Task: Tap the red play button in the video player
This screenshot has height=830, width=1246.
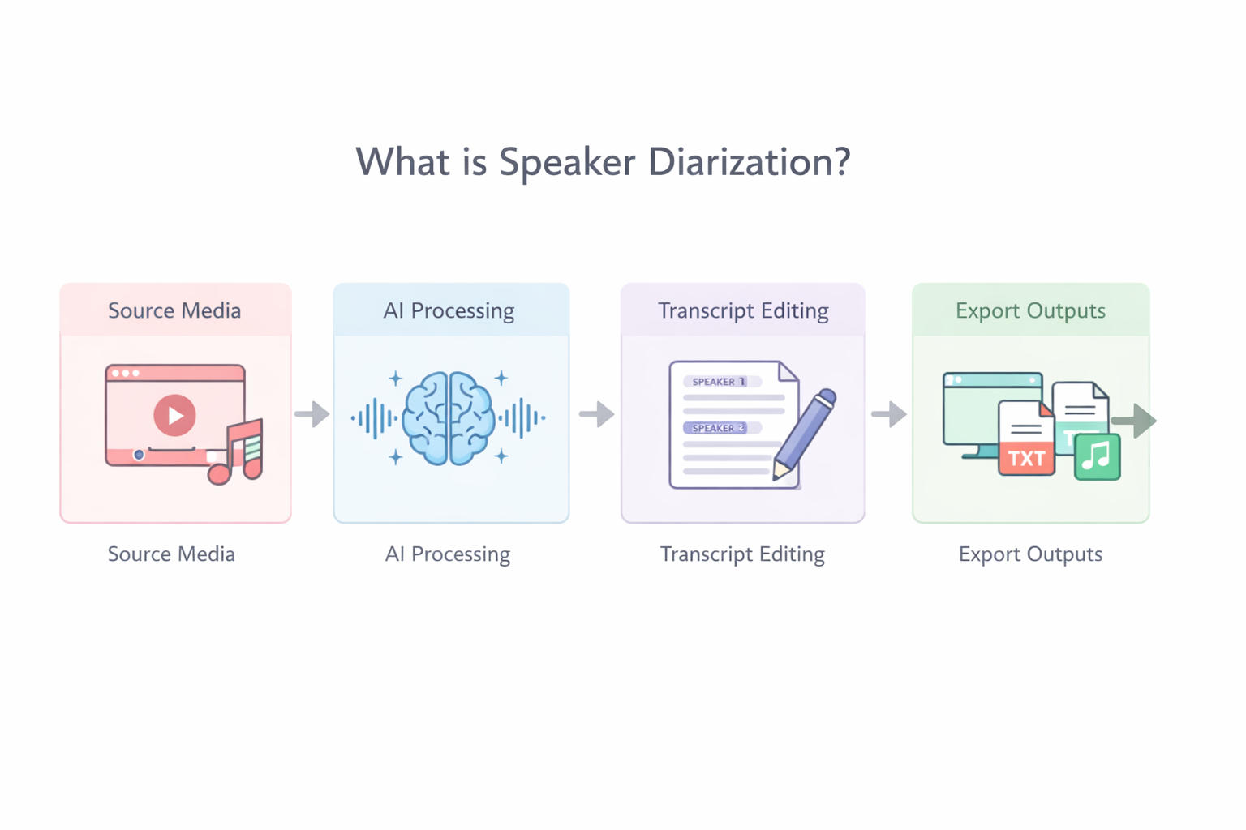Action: (x=174, y=415)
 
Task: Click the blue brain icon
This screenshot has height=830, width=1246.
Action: (x=449, y=418)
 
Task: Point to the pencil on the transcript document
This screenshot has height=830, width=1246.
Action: (x=804, y=434)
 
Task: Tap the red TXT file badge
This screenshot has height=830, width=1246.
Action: (x=1026, y=458)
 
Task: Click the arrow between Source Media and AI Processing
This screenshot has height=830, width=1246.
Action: (x=312, y=414)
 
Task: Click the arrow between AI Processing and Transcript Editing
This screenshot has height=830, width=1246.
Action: (x=597, y=414)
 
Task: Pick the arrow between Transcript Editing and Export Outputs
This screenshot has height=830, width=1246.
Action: (x=889, y=414)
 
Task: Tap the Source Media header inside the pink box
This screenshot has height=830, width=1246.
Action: (x=174, y=310)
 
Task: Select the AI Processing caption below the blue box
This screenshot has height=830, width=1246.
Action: (x=448, y=554)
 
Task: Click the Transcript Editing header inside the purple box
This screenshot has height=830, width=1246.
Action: (x=743, y=310)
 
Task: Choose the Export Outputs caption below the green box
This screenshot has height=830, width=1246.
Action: (x=1030, y=554)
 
